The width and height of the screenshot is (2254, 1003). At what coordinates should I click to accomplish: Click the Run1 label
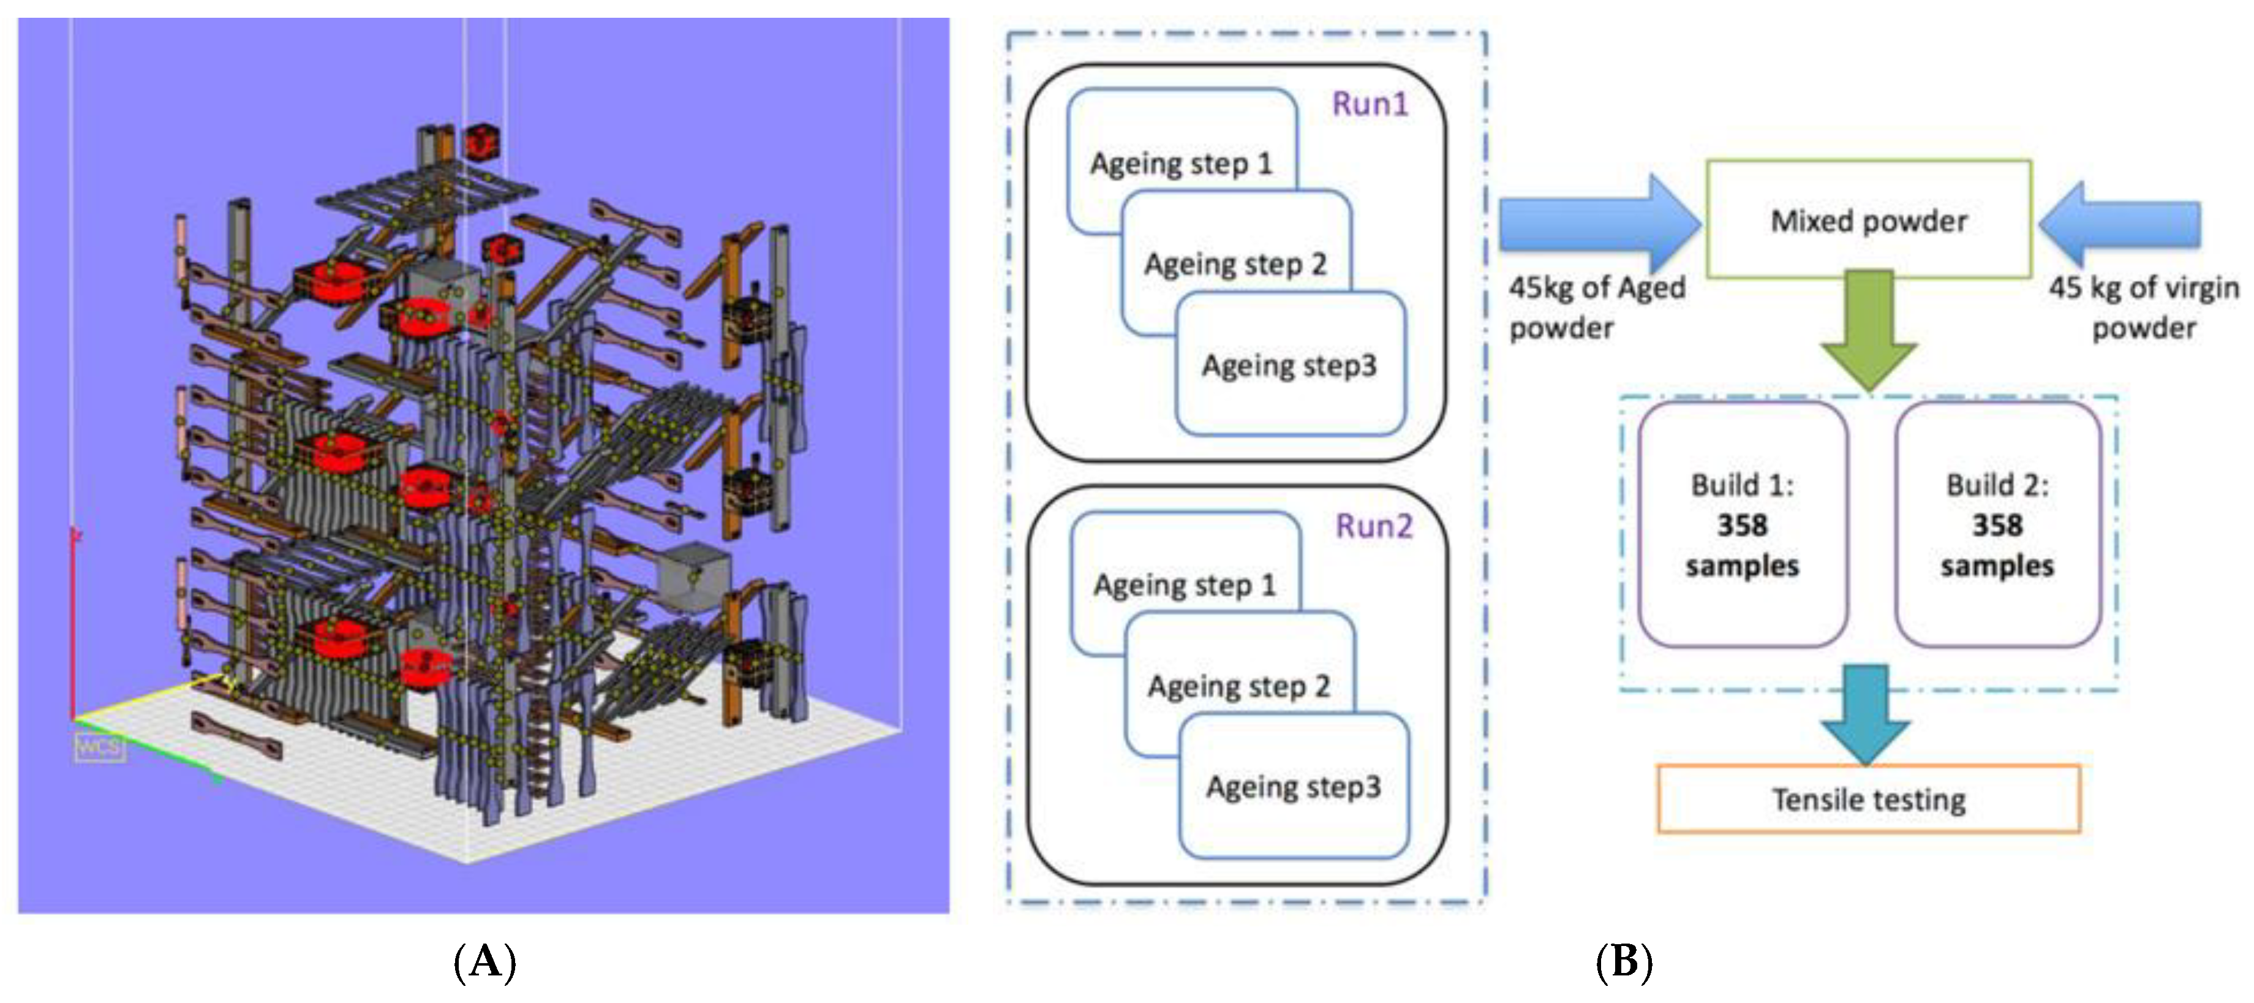1370,104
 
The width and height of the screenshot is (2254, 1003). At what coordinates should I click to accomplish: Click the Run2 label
1374,526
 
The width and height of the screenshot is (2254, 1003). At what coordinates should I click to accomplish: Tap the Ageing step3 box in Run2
1294,786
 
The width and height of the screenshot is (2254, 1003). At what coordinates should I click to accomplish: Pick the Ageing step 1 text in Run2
1185,585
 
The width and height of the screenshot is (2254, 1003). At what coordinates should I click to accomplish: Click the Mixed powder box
1869,220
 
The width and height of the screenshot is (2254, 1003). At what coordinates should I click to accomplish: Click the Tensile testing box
1869,799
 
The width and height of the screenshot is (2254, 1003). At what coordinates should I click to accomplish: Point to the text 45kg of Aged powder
1597,307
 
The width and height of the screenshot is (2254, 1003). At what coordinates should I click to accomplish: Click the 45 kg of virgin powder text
2144,307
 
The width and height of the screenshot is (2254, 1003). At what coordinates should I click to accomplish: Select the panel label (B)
1624,963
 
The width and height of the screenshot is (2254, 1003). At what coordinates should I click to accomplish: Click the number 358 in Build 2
1997,525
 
